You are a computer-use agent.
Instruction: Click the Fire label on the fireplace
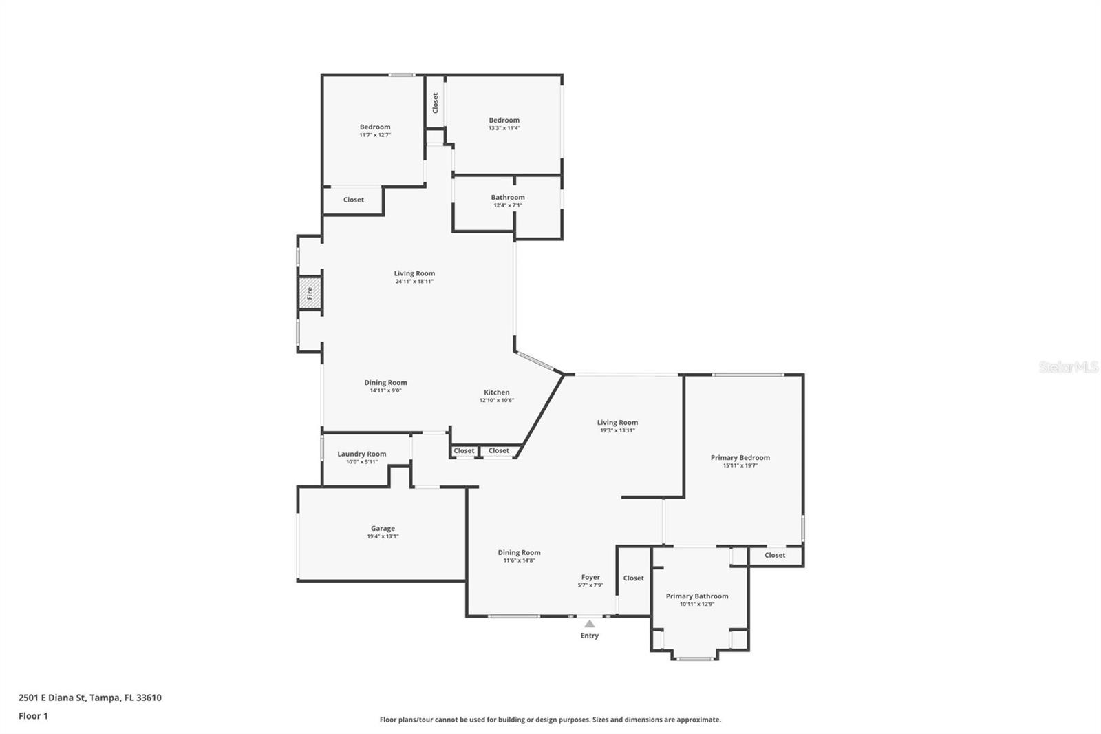tap(310, 293)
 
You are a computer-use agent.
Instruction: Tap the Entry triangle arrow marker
tap(589, 623)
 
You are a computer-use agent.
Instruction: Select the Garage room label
tap(383, 528)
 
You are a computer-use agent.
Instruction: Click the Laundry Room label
tap(361, 454)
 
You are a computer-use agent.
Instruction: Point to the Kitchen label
tap(496, 392)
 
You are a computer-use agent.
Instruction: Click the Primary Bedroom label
tap(740, 457)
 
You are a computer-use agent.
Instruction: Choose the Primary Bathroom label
tap(696, 596)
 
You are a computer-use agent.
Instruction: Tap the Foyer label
tap(590, 577)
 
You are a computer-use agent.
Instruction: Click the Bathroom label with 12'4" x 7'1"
tap(508, 197)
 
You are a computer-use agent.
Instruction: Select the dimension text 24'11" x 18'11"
tap(414, 282)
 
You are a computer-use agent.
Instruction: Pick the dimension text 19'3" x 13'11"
tap(617, 430)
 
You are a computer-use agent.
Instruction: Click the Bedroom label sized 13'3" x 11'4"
tap(504, 120)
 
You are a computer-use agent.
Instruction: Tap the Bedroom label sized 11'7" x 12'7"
tap(375, 127)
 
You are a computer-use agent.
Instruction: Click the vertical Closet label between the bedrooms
tap(436, 103)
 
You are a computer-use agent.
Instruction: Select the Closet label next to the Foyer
tap(633, 578)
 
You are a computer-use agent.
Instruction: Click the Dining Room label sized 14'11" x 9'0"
tap(385, 382)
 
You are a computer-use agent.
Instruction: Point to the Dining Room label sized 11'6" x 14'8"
tap(519, 552)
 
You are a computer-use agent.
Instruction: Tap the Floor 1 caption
tap(33, 716)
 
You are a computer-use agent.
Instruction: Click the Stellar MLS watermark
tap(1067, 367)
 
